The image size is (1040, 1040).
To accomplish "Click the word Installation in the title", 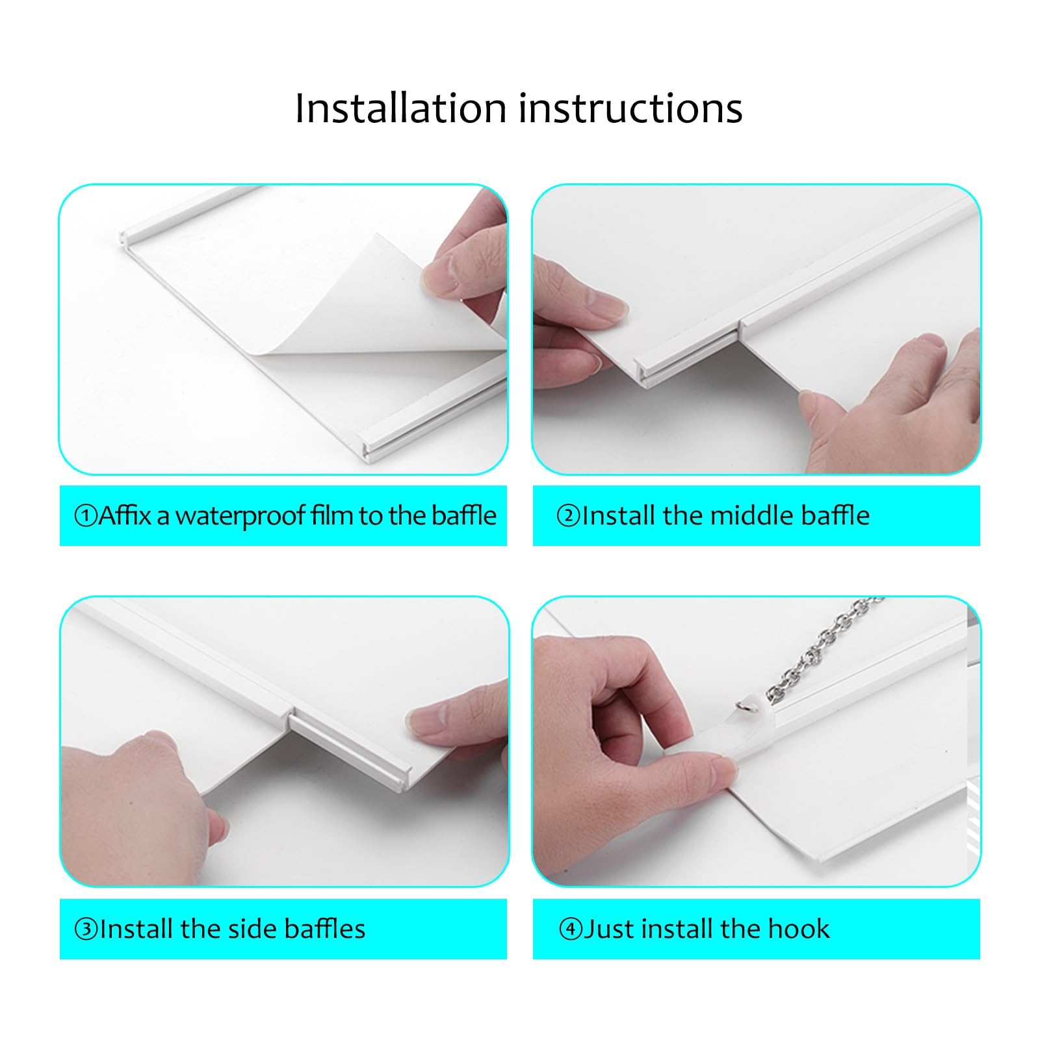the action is [x=400, y=108].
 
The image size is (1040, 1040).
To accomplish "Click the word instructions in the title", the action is [x=630, y=108].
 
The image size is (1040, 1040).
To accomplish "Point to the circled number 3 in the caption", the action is [x=86, y=929].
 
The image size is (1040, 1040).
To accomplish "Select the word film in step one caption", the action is [x=331, y=515].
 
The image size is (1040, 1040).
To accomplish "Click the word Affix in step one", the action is [x=125, y=515].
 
